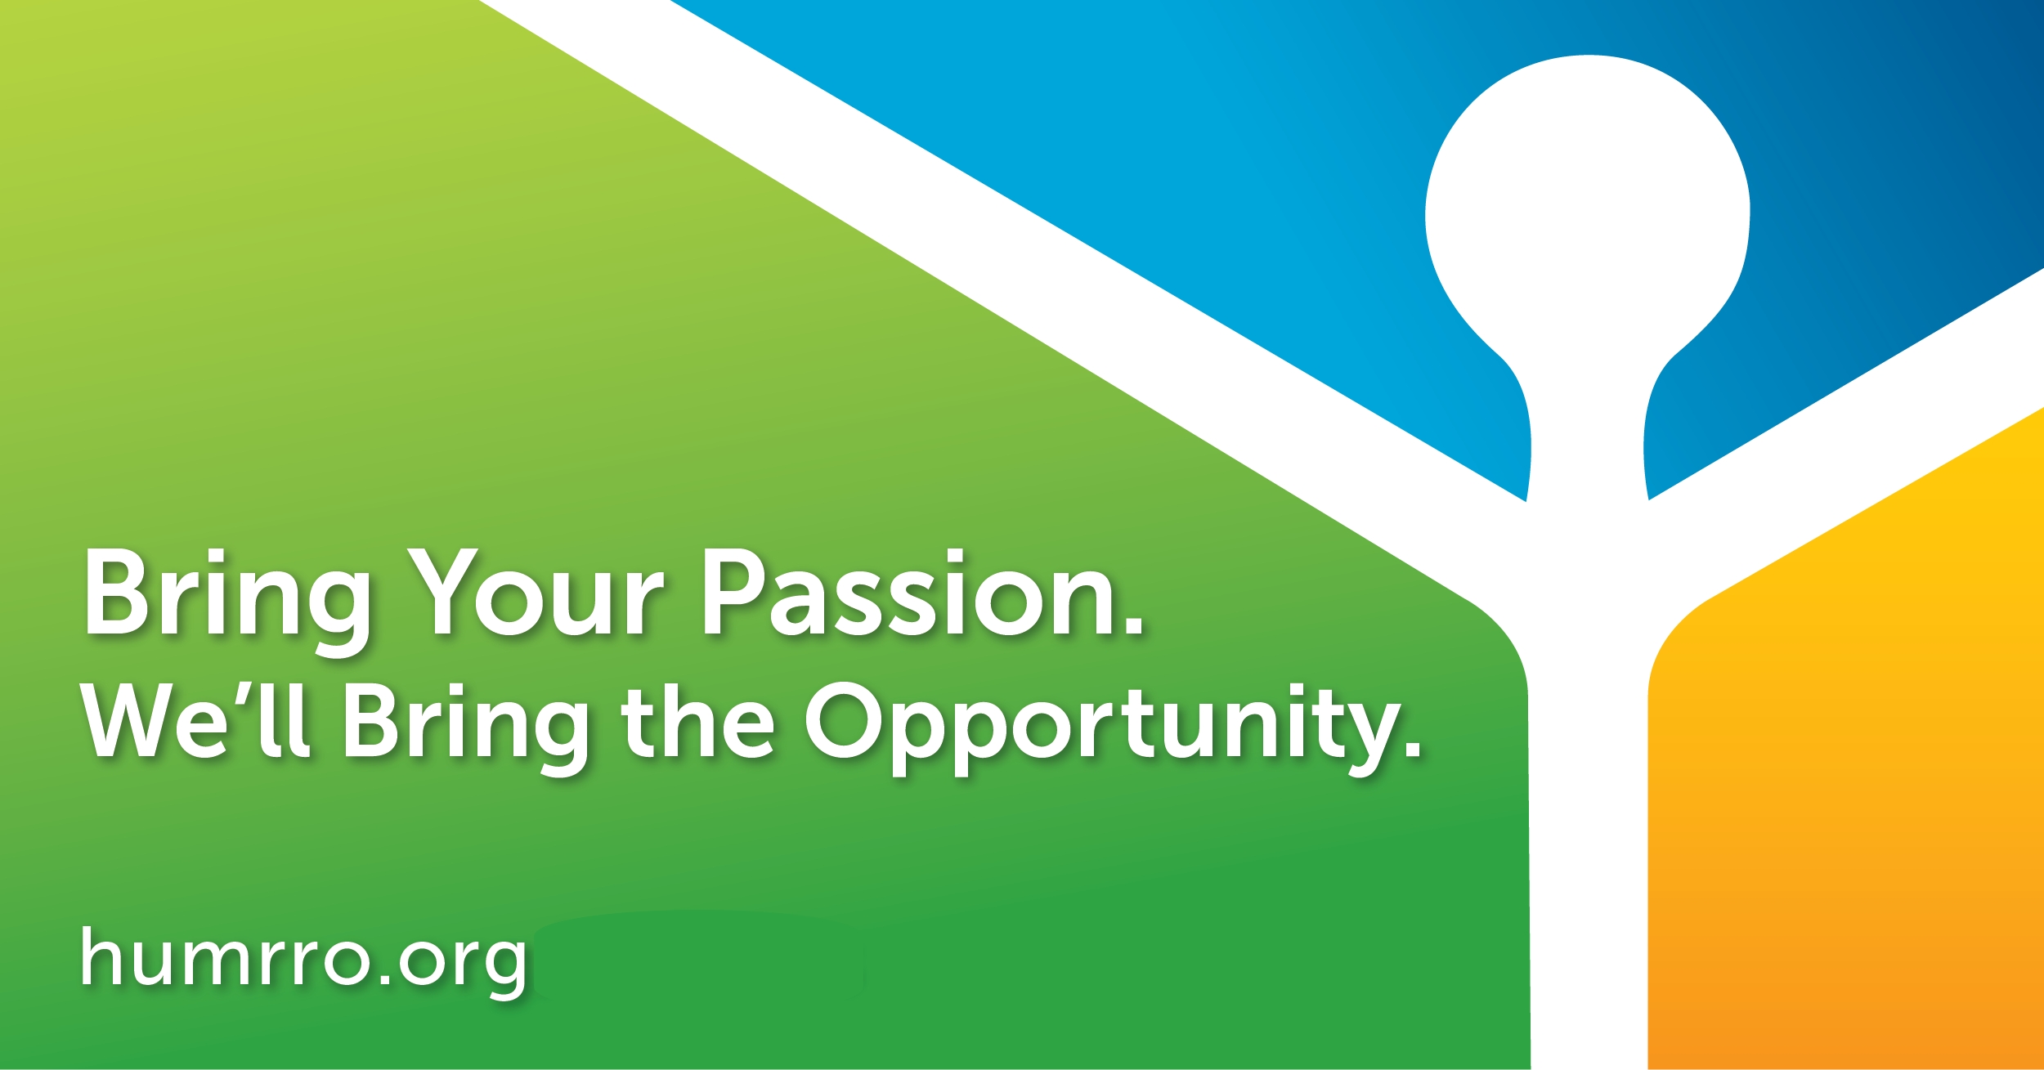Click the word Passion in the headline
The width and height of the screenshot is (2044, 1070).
click(x=923, y=592)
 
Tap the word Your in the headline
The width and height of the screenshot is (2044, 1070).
click(x=536, y=592)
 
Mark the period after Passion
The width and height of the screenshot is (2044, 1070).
click(x=1133, y=625)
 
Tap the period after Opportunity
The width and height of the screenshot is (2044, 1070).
click(x=1410, y=749)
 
